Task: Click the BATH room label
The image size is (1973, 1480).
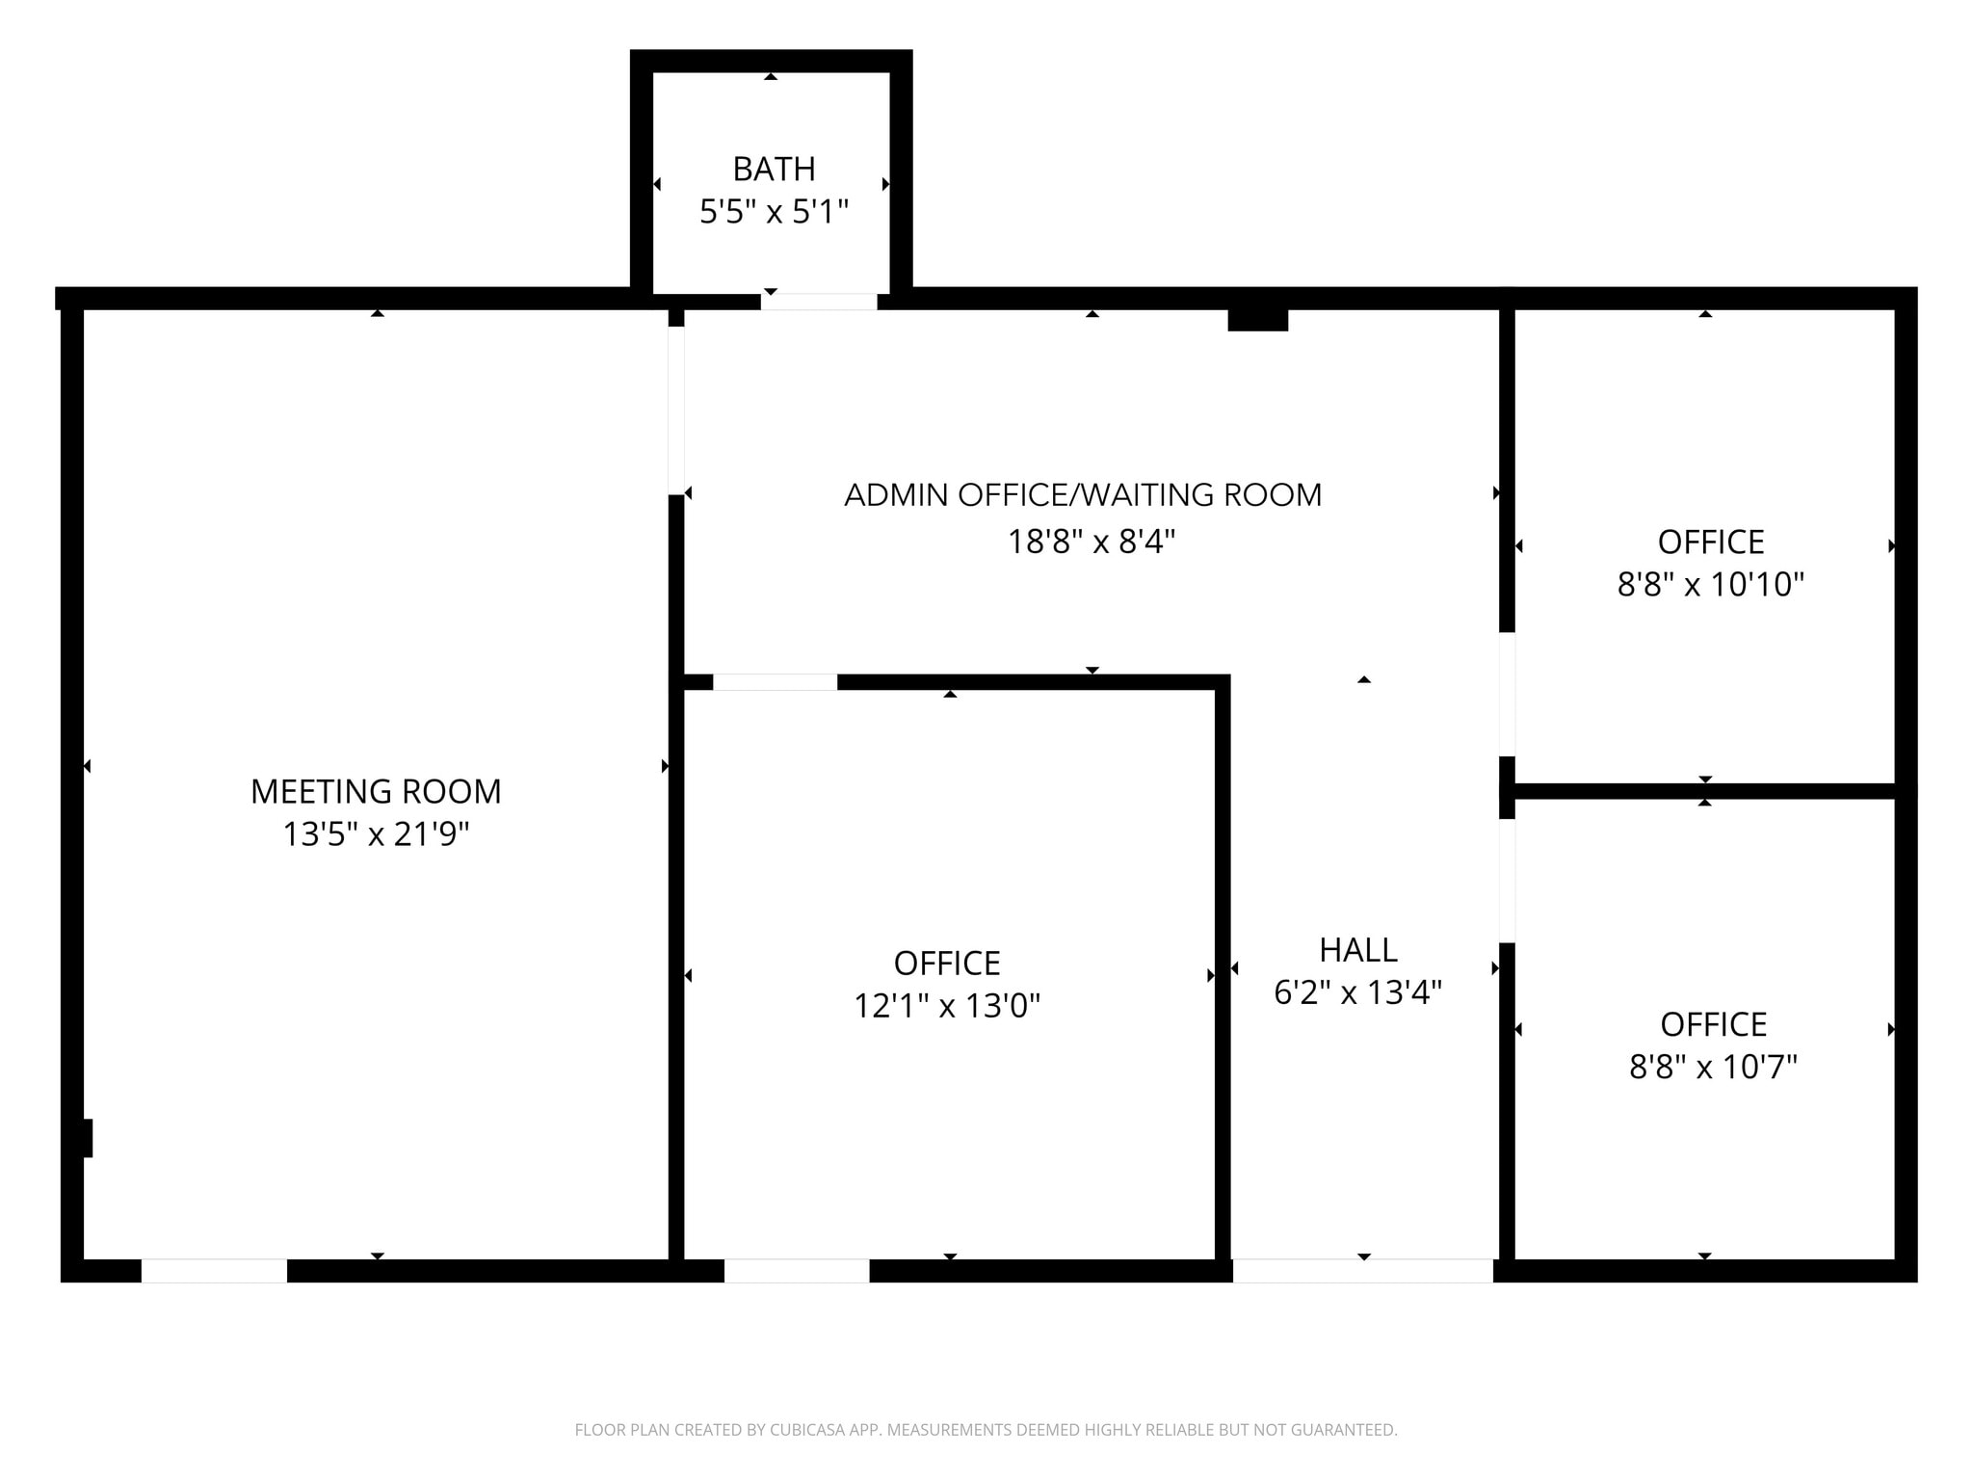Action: pyautogui.click(x=774, y=170)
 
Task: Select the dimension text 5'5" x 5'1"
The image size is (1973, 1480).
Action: pyautogui.click(x=774, y=212)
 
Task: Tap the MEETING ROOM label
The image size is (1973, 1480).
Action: pyautogui.click(x=376, y=792)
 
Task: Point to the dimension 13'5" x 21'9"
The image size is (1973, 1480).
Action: pyautogui.click(x=376, y=834)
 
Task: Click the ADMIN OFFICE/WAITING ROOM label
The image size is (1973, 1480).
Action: pyautogui.click(x=1083, y=495)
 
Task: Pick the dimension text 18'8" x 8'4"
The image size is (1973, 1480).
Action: pyautogui.click(x=1092, y=542)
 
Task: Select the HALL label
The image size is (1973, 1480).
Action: pyautogui.click(x=1357, y=951)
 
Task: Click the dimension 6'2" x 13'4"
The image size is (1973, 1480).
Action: pyautogui.click(x=1357, y=992)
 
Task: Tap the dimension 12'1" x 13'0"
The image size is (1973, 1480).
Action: pyautogui.click(x=947, y=1007)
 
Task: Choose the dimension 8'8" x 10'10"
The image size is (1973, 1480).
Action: pyautogui.click(x=1710, y=585)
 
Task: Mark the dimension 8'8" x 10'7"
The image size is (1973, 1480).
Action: pyautogui.click(x=1713, y=1068)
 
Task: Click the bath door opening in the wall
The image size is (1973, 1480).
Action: pyautogui.click(x=819, y=302)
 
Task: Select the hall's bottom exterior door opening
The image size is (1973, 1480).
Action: pyautogui.click(x=1362, y=1271)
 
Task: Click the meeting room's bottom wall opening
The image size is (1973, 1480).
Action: pyautogui.click(x=214, y=1271)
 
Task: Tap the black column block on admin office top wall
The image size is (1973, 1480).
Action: pyautogui.click(x=1257, y=320)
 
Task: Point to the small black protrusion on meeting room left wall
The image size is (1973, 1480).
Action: pyautogui.click(x=87, y=1138)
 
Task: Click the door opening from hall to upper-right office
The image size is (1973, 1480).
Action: pyautogui.click(x=1507, y=694)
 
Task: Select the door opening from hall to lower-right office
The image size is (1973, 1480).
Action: pyautogui.click(x=1507, y=881)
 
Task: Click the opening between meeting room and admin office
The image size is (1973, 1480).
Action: pyautogui.click(x=676, y=410)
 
